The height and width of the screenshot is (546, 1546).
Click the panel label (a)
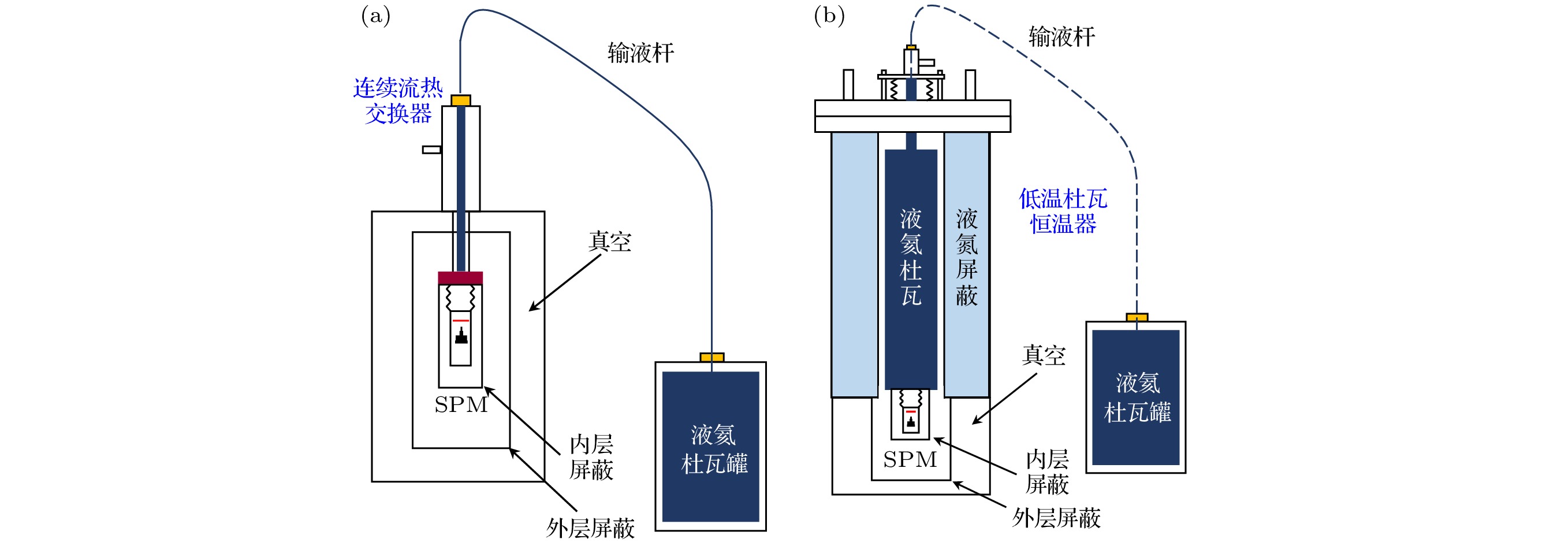point(376,16)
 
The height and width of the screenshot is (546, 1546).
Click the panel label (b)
point(829,16)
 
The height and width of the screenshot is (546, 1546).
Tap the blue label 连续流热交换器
point(398,101)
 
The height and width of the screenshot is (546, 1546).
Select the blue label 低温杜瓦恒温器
point(1063,211)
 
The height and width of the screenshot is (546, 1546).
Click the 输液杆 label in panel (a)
point(640,53)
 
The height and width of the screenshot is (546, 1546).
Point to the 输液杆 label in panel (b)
point(1061,37)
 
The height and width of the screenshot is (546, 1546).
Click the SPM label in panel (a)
point(461,405)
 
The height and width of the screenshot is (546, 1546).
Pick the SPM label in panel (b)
point(910,459)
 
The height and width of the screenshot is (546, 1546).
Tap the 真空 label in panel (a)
point(610,242)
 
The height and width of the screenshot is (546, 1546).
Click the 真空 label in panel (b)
point(1044,355)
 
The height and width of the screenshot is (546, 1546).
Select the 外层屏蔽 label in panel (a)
point(590,529)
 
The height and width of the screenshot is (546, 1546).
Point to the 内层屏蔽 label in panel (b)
point(1047,471)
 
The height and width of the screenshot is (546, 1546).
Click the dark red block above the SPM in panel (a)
point(460,277)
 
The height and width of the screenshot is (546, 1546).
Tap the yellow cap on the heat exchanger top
point(461,101)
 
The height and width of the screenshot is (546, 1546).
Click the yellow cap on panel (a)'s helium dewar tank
point(712,358)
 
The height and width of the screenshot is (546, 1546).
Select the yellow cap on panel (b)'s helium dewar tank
point(1137,317)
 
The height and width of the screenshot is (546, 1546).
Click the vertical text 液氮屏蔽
point(966,257)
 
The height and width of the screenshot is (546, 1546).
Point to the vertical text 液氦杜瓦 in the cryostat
point(910,257)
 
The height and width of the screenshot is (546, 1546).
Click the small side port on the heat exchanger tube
point(431,150)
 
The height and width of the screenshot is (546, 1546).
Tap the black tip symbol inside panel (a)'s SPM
point(461,336)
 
